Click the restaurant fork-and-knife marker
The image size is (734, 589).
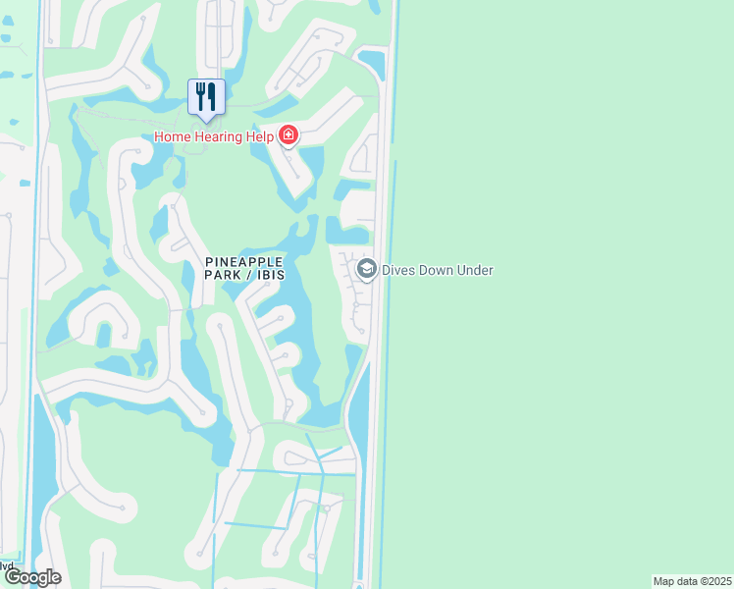pos(206,97)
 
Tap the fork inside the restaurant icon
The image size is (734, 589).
pos(201,95)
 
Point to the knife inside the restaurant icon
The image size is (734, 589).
pos(212,95)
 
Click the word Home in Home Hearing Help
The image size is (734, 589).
pos(171,136)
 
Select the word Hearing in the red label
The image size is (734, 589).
pos(216,136)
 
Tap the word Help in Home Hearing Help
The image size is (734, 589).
pos(257,136)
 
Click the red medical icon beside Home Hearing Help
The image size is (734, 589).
pos(288,135)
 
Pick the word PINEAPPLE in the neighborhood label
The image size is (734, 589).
pos(244,261)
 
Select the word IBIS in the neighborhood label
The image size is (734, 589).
pos(271,276)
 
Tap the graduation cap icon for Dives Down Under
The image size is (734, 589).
pos(367,270)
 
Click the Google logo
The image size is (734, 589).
pos(31,577)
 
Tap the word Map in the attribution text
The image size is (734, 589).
pos(664,581)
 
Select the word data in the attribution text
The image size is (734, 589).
pos(687,581)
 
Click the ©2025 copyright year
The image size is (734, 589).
pos(715,581)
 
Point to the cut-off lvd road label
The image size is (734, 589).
pos(7,565)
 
